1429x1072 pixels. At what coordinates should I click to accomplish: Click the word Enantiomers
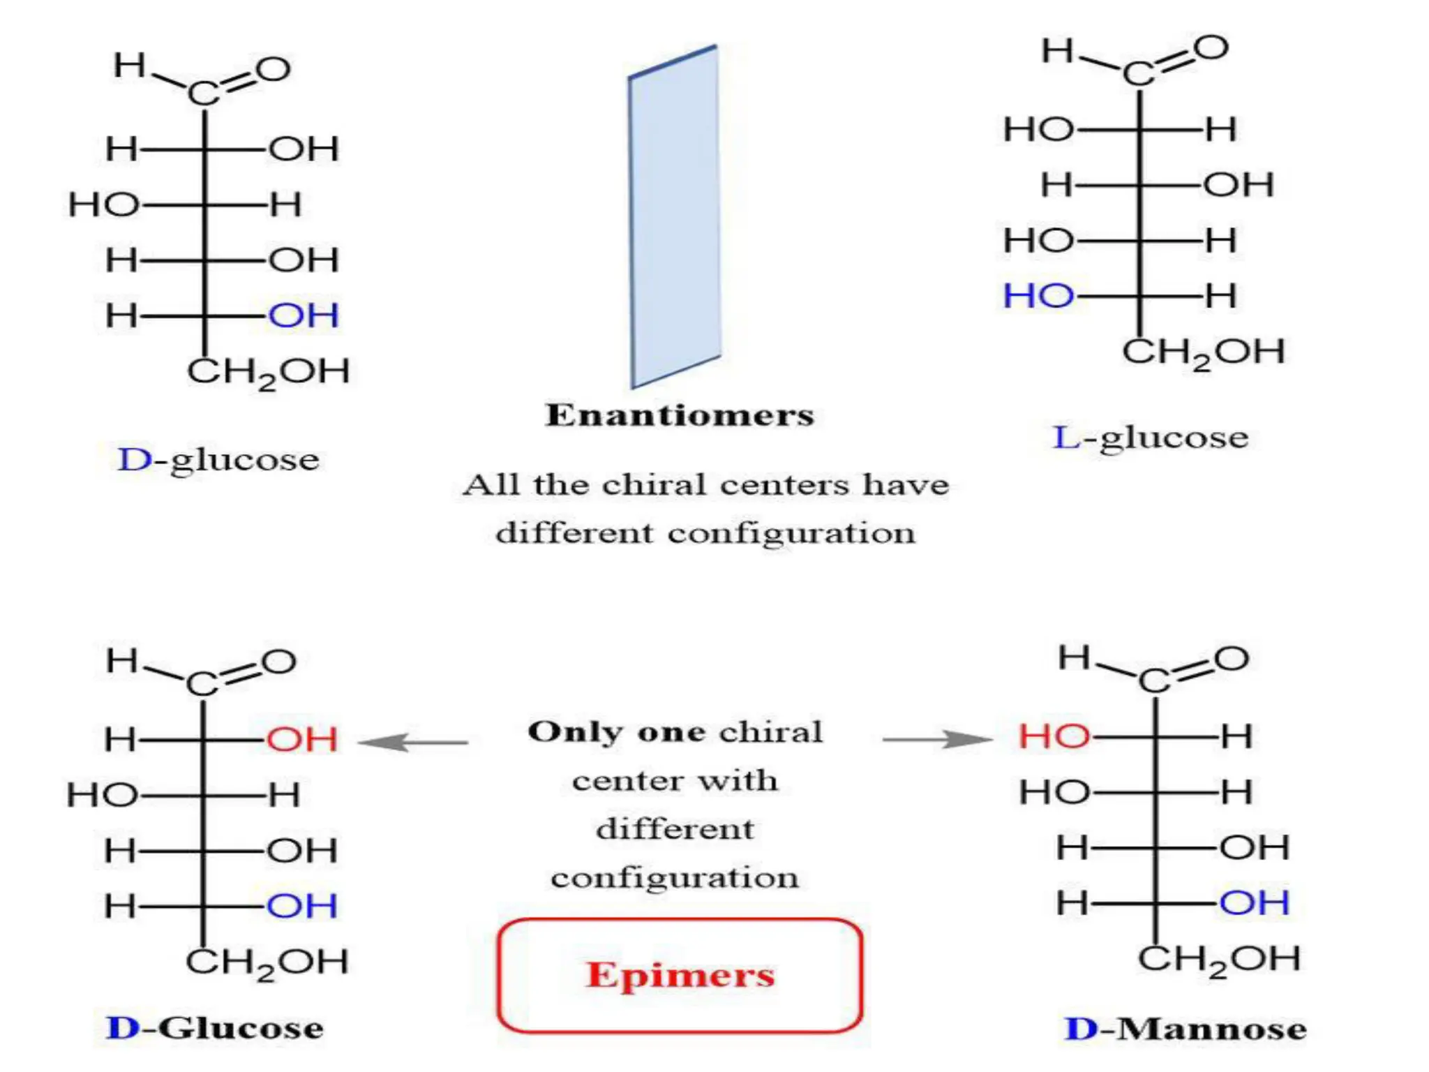coord(680,415)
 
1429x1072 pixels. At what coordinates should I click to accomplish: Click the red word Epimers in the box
coord(680,975)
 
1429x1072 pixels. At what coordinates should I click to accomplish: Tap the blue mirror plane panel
coord(675,216)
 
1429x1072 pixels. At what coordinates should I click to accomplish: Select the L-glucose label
coord(1150,438)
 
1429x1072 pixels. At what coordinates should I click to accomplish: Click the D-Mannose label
coord(1185,1029)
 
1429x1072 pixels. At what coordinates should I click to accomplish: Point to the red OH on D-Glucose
coord(302,740)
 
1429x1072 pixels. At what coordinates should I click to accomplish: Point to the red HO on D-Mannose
coord(1054,736)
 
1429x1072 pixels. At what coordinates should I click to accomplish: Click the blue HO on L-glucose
coord(1038,296)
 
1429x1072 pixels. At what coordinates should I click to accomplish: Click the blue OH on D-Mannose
coord(1254,903)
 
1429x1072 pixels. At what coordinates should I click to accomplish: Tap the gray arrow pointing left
coord(413,742)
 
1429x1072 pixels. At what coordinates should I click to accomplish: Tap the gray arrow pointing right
coord(937,739)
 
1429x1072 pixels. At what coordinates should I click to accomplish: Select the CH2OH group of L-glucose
coord(1204,352)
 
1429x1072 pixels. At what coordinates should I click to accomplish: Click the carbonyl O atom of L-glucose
coord(1211,48)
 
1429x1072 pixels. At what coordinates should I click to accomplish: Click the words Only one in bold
coord(616,732)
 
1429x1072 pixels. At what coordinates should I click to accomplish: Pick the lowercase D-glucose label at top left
coord(218,461)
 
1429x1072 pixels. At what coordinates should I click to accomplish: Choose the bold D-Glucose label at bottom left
coord(215,1028)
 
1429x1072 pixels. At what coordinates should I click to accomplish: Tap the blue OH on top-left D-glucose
coord(304,315)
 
